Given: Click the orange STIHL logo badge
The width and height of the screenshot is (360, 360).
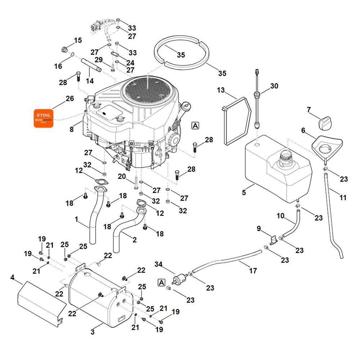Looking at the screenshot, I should click(x=43, y=118).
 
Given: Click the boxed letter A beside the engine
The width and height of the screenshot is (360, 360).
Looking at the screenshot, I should click(x=195, y=125).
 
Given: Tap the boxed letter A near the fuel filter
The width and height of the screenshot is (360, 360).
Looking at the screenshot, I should click(x=162, y=283).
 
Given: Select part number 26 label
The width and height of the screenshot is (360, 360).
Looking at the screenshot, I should click(x=69, y=98).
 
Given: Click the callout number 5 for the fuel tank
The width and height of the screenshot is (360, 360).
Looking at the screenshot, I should click(x=244, y=192).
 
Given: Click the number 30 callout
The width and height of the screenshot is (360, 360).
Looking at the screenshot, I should click(x=274, y=86).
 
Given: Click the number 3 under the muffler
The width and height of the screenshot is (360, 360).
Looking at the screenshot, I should click(x=93, y=332).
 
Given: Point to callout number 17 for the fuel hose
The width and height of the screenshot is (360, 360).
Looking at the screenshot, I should click(x=253, y=270).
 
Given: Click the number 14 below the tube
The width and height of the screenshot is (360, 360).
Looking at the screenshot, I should click(x=90, y=81).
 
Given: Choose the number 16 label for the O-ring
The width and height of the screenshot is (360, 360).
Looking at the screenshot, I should click(x=58, y=66).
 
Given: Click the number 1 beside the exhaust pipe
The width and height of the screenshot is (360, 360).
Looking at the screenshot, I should click(x=76, y=219).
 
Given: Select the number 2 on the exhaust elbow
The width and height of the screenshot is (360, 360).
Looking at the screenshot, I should click(x=134, y=239).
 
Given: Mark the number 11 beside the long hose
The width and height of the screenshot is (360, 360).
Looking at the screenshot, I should click(x=343, y=197).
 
